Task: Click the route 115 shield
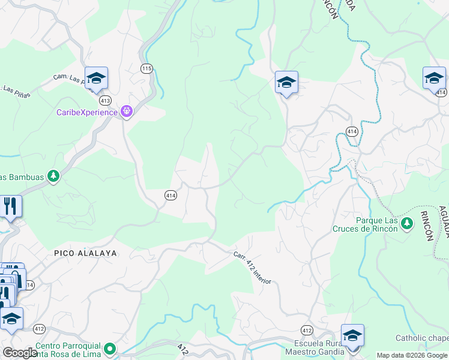[146, 68]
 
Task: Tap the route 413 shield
[106, 100]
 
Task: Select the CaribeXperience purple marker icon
[127, 111]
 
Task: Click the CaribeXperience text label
[87, 112]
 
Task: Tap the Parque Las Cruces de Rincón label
[369, 224]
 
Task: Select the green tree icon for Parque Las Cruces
[408, 224]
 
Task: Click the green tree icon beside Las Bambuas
[54, 176]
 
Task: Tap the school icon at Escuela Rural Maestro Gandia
[352, 335]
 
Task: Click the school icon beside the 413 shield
[96, 78]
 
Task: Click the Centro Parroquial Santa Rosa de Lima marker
[110, 348]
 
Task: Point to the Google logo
[20, 353]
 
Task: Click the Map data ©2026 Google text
[412, 355]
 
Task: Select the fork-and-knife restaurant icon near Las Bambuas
[10, 206]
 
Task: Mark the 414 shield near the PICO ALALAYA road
[170, 195]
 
